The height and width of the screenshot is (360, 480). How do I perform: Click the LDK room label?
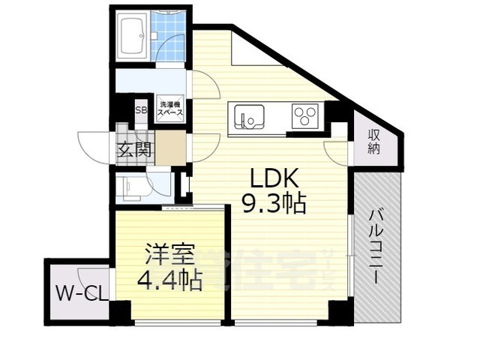point(274,178)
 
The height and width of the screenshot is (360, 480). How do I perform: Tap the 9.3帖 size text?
point(274,202)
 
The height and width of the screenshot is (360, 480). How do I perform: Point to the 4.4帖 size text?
point(169,280)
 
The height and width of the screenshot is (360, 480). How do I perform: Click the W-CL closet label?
point(78,291)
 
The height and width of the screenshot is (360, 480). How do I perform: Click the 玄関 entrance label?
point(134,148)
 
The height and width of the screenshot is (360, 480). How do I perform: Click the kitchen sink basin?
point(247,117)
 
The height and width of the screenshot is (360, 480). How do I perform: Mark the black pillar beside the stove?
point(339,112)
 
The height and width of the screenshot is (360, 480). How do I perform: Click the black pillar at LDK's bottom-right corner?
point(340,310)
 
